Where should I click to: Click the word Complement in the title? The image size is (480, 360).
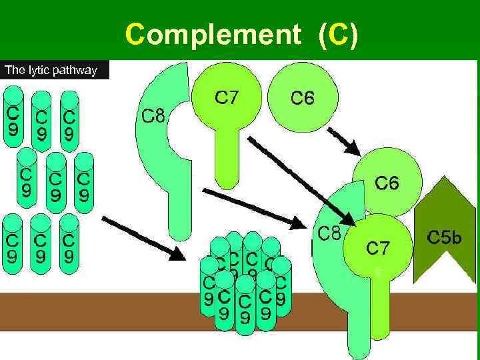[213, 33]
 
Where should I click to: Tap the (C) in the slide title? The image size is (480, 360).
[339, 33]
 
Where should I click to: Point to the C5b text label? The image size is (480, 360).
[444, 237]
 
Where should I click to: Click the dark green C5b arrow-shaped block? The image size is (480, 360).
[444, 227]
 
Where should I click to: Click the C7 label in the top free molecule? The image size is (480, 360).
[227, 99]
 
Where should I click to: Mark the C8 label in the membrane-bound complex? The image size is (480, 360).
[329, 235]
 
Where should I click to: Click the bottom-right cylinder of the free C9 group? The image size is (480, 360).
[68, 243]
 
